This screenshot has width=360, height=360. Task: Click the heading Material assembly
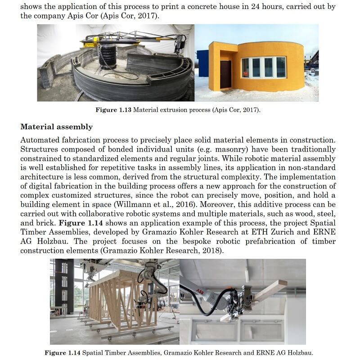coord(56,126)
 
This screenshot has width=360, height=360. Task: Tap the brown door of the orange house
coord(225,74)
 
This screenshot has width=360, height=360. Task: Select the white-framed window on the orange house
coord(264,67)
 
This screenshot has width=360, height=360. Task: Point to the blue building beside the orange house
coord(202,63)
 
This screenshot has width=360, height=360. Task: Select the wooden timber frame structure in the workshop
coord(121,299)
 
